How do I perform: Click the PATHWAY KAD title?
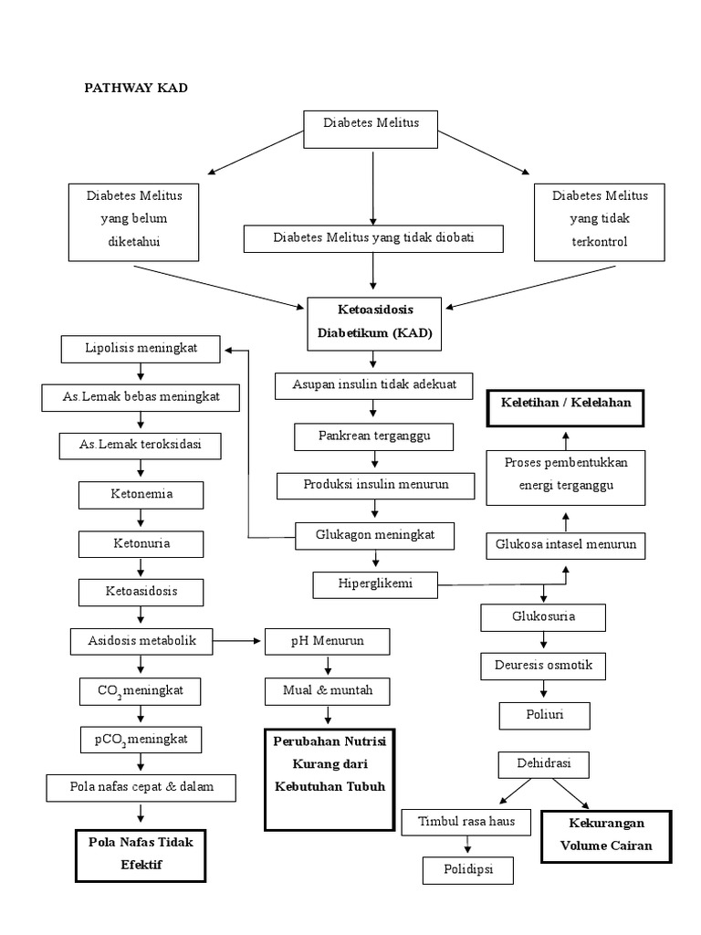pos(136,88)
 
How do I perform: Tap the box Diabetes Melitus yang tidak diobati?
pos(374,238)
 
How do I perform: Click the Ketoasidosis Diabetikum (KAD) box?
pos(374,323)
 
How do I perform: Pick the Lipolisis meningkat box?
pos(141,348)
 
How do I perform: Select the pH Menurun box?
pos(327,641)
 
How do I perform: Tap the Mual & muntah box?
pos(327,691)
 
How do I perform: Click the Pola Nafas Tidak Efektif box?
pos(140,855)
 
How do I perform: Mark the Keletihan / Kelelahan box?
pos(565,402)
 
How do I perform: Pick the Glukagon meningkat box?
pos(374,535)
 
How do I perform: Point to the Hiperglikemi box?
pos(375,583)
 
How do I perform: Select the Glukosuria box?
pos(543,617)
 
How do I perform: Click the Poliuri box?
pos(544,715)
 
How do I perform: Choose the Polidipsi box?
pos(468,869)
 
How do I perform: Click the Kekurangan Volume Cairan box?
pos(606,836)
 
